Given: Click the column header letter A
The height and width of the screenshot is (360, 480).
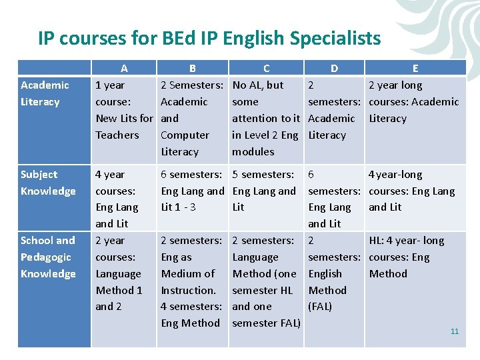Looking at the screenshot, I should [x=124, y=68].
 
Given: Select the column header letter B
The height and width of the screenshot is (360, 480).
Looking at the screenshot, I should [x=192, y=68].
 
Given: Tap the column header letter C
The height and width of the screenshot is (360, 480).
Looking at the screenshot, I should [x=267, y=68].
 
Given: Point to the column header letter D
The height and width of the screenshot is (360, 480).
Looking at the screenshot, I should [x=334, y=68].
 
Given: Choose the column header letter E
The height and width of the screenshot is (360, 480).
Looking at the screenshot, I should [x=415, y=68].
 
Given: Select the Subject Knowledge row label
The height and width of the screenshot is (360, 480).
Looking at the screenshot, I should [x=48, y=183].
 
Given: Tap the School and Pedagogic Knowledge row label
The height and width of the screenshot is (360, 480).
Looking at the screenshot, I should [x=48, y=257].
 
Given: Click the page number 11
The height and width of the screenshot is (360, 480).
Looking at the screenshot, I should [x=455, y=331].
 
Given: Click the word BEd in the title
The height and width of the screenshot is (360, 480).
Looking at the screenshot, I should [x=179, y=38].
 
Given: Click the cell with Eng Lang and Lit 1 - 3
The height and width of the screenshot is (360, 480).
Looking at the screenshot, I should [x=192, y=191].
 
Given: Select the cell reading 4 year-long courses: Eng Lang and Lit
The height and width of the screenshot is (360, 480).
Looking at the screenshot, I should [x=411, y=191].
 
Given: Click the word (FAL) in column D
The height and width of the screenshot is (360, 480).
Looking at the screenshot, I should [x=320, y=307].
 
